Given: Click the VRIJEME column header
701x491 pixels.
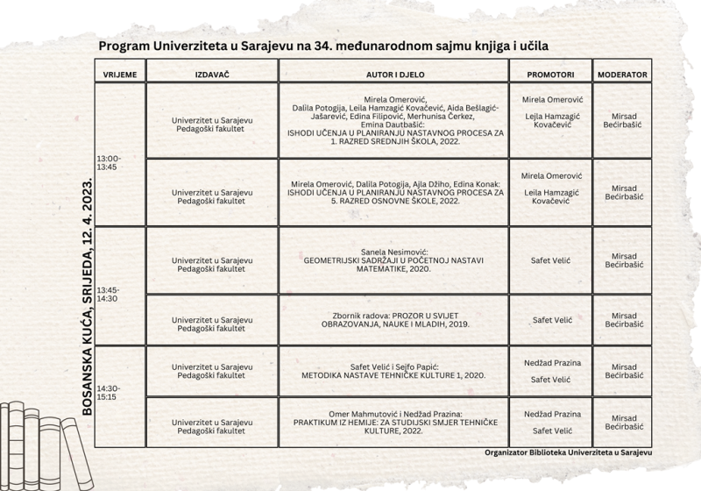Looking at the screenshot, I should pos(119,75).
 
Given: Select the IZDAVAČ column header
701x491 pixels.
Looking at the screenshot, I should pos(212,75).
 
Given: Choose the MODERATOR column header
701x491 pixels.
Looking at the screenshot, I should pos(622,75).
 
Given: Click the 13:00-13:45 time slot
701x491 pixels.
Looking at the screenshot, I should pos(110,162).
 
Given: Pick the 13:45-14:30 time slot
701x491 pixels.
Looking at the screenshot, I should pos(110,294).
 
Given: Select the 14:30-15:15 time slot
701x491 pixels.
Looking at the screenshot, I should pos(110,392).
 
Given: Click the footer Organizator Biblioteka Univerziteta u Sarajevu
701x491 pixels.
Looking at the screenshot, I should pos(574,453).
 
